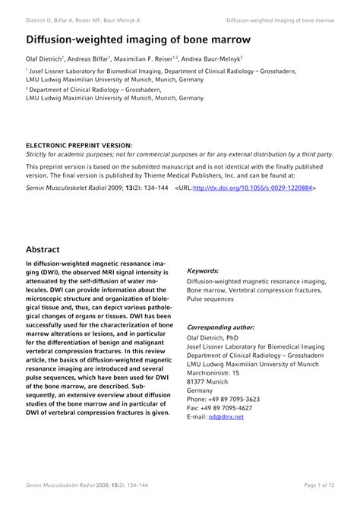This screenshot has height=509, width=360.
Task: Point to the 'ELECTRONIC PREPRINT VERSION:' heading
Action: tap(79, 144)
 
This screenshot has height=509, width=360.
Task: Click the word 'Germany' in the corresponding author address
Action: tap(200, 390)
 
